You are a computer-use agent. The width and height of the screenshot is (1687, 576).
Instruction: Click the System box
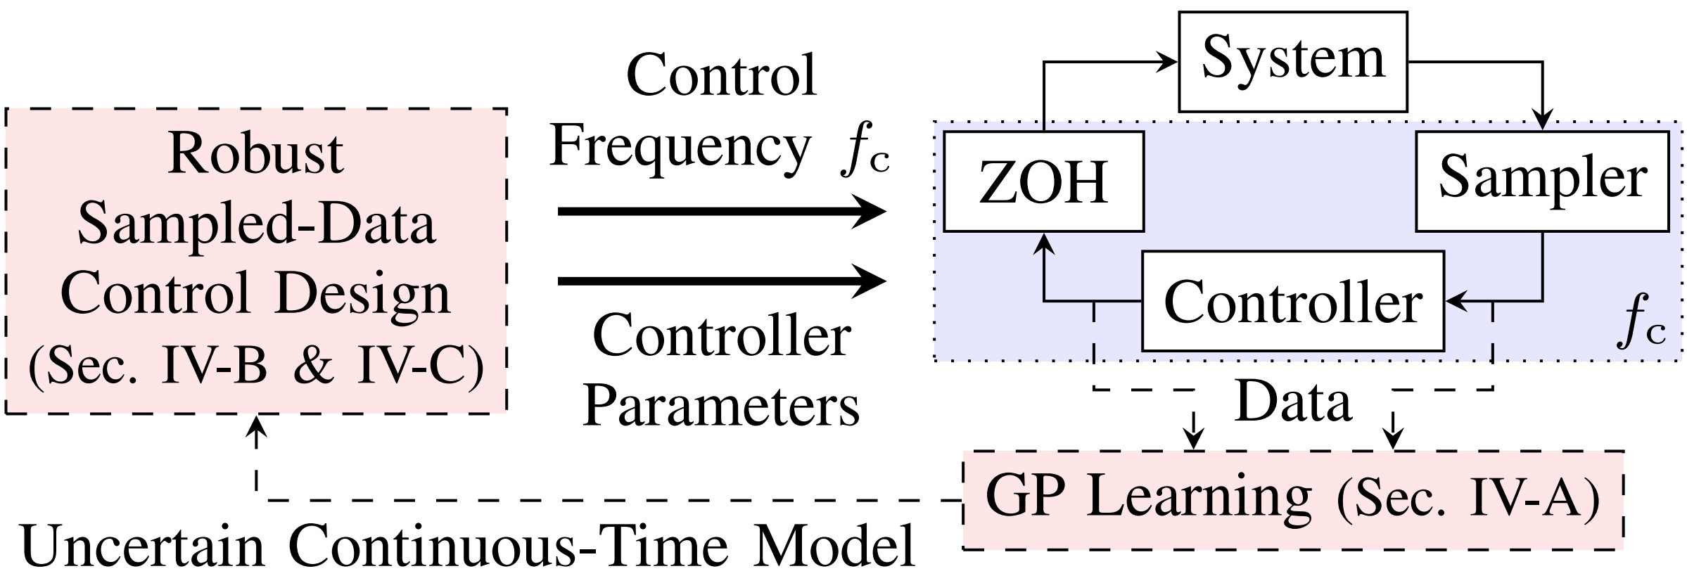[x=1292, y=62]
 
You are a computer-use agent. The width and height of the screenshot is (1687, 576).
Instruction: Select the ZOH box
[x=1043, y=181]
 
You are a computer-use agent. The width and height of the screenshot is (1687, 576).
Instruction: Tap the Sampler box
[x=1542, y=181]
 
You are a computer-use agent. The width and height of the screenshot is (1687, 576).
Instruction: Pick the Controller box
[x=1292, y=301]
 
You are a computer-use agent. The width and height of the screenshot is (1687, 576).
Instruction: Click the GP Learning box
[x=1292, y=499]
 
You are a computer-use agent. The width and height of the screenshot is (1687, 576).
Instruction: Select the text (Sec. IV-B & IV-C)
[x=256, y=366]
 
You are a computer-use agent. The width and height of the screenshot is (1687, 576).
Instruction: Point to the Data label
[x=1293, y=402]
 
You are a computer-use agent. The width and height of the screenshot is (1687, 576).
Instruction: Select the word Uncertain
[x=144, y=547]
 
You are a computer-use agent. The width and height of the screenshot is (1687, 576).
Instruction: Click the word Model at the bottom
[x=834, y=547]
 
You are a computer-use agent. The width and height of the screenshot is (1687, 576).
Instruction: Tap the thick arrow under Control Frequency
[x=721, y=210]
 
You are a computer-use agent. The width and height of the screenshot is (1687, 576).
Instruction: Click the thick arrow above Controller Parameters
[x=721, y=281]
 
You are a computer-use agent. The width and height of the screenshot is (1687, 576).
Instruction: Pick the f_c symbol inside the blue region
[x=1643, y=328]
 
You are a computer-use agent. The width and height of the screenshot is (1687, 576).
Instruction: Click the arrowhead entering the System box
[x=1168, y=62]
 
